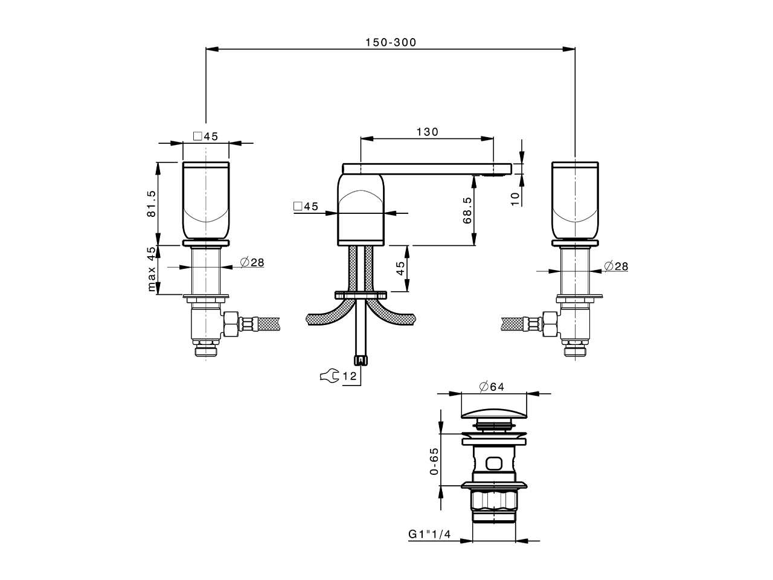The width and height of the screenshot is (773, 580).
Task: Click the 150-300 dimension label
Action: click(x=391, y=42)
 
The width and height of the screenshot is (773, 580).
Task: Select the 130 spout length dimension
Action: click(x=427, y=132)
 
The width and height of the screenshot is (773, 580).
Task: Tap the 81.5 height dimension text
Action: click(x=151, y=204)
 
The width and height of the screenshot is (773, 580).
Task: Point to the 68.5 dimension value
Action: click(x=467, y=210)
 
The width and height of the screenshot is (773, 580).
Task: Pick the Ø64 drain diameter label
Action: click(x=492, y=387)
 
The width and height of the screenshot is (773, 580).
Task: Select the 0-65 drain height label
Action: click(x=433, y=462)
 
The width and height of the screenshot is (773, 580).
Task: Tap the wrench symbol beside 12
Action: click(x=329, y=376)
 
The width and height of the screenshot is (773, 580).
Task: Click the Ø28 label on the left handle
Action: click(x=252, y=262)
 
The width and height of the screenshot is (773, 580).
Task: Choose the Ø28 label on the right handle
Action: click(x=615, y=266)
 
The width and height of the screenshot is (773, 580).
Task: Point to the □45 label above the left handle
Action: click(x=205, y=136)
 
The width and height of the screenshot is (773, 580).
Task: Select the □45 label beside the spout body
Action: click(x=306, y=207)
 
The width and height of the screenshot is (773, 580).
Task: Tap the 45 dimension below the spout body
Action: click(x=400, y=269)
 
